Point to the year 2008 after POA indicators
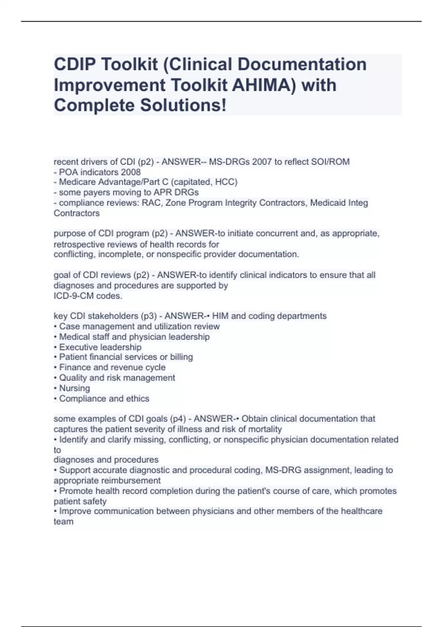click(x=131, y=172)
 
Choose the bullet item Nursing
click(x=75, y=388)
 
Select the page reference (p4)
click(x=178, y=419)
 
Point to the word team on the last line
click(x=63, y=522)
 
